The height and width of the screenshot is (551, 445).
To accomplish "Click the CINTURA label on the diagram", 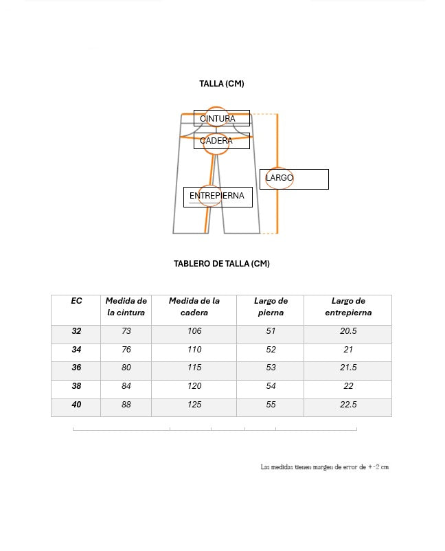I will [x=218, y=119].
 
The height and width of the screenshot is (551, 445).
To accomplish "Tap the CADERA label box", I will [x=217, y=141].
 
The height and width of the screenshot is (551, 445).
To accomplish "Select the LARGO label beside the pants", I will [x=280, y=178].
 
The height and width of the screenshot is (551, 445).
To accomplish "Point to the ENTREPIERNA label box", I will [x=217, y=196].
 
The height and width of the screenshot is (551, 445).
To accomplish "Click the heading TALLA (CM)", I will [x=222, y=84].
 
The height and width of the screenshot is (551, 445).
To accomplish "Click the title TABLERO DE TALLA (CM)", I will [x=222, y=263].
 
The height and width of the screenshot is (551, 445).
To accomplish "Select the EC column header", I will [x=76, y=301].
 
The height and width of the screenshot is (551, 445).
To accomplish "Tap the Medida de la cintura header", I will [x=126, y=306].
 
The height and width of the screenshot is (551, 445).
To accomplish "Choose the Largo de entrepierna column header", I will [x=348, y=306].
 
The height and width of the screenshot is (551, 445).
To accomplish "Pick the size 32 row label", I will [x=76, y=331].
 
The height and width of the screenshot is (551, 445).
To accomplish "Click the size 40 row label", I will [x=76, y=405].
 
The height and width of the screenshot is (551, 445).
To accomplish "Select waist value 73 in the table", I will [x=126, y=331].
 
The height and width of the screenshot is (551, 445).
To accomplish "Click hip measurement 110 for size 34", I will [x=194, y=350].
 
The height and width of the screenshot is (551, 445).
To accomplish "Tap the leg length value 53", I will [x=271, y=368].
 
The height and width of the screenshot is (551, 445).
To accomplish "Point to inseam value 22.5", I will [x=348, y=405].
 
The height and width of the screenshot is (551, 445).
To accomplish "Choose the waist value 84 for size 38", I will [x=126, y=386].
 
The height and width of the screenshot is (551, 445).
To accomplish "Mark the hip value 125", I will [x=194, y=405].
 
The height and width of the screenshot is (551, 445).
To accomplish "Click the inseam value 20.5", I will [x=348, y=331].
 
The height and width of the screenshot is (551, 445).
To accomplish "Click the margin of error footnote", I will [x=325, y=467].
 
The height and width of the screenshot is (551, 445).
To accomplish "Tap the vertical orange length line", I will [x=277, y=206].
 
